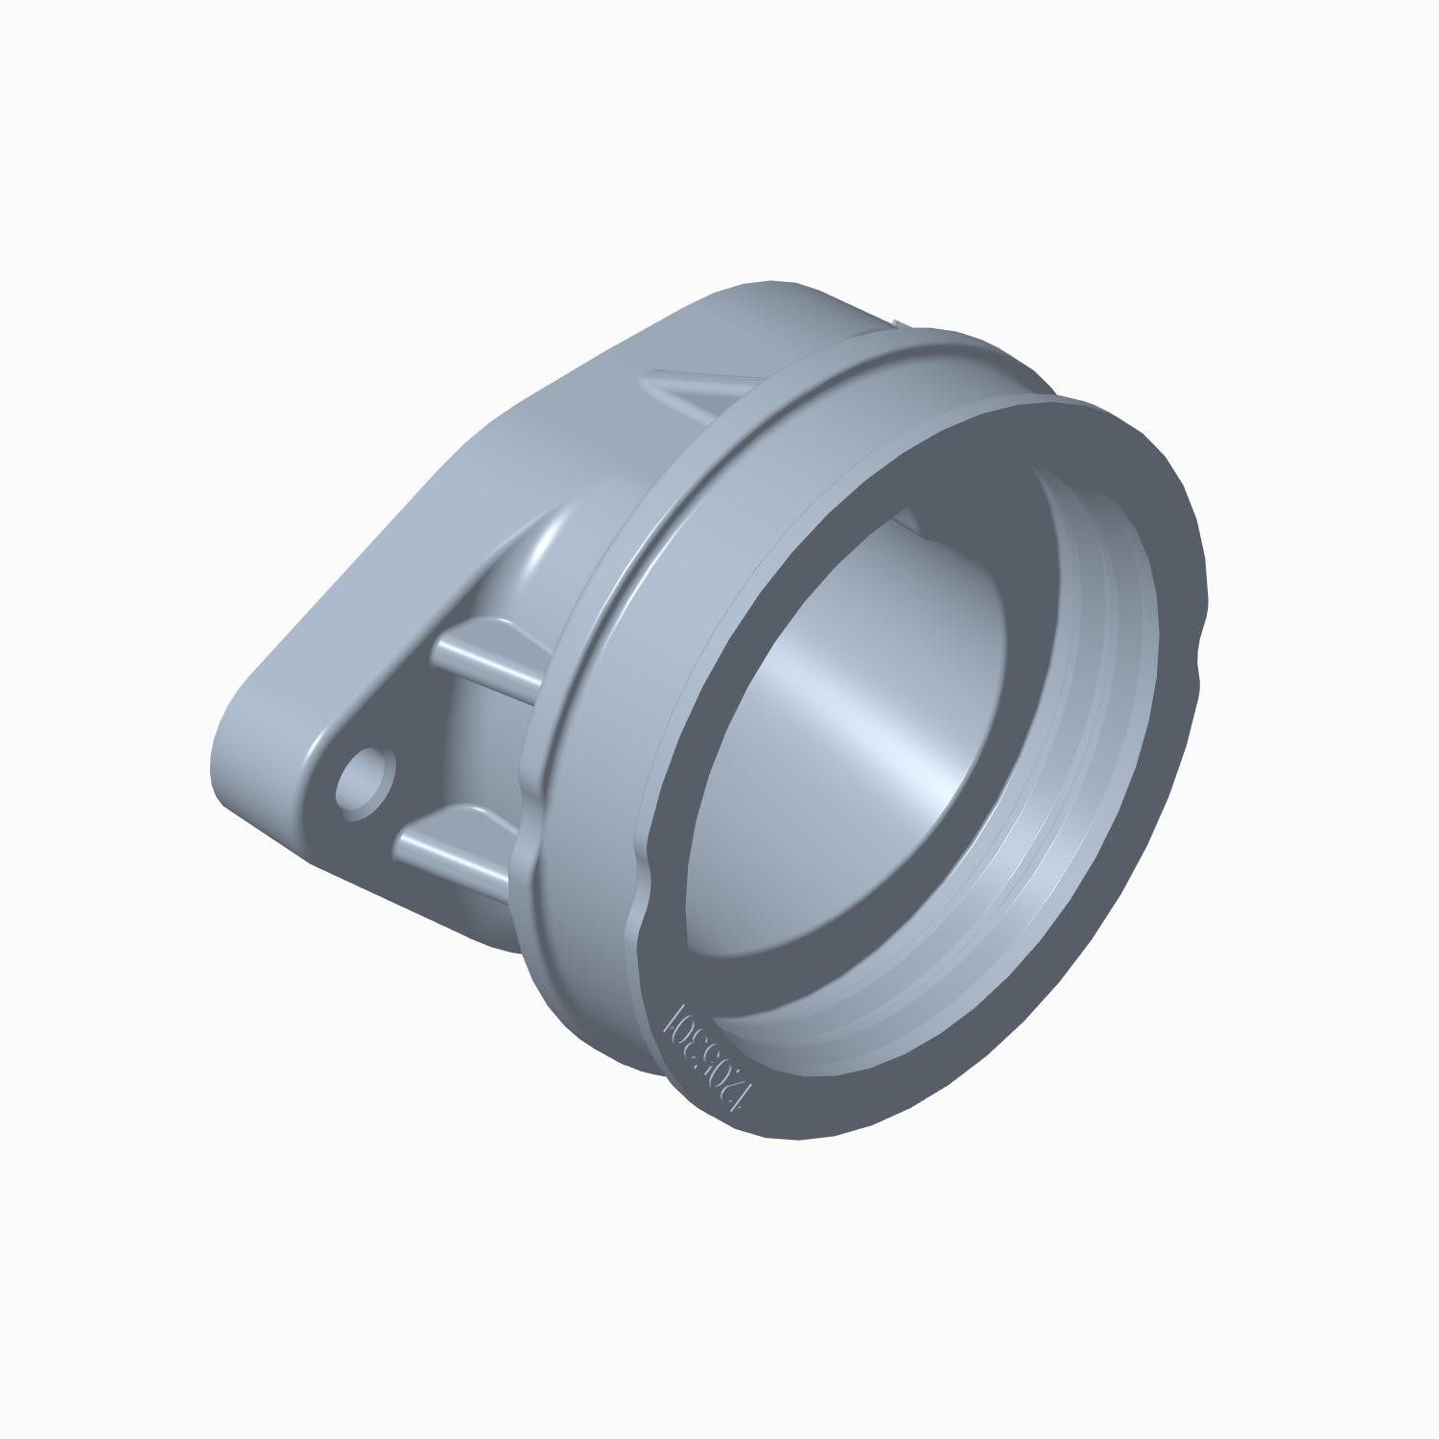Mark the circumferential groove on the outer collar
767,413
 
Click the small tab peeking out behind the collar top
894,320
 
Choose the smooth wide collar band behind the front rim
614,729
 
